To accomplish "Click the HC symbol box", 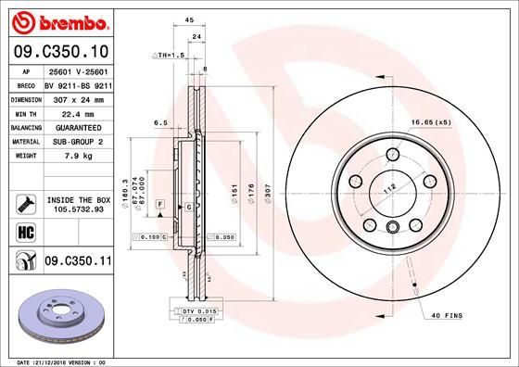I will click(x=25, y=233).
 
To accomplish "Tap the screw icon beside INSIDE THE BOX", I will click(x=25, y=203).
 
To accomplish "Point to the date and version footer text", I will click(x=57, y=361).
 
